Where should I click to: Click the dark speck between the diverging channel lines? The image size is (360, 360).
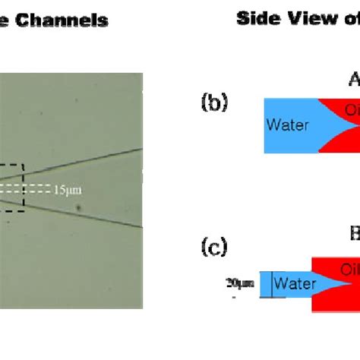pyautogui.click(x=77, y=204)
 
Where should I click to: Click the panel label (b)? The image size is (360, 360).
pyautogui.click(x=213, y=102)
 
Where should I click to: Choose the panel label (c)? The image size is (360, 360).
pyautogui.click(x=213, y=246)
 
